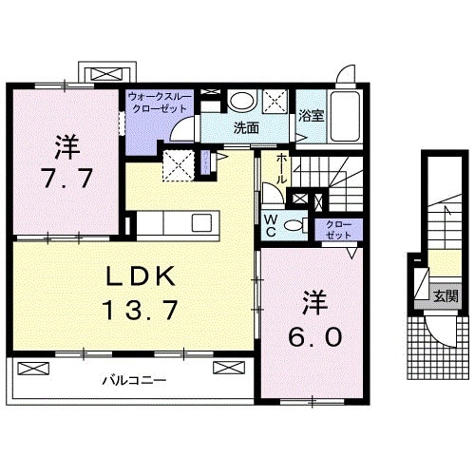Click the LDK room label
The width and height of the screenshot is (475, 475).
pyautogui.click(x=139, y=275)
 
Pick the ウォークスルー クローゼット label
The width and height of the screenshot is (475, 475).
pyautogui.click(x=160, y=102)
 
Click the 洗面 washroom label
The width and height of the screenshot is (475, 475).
pyautogui.click(x=247, y=127)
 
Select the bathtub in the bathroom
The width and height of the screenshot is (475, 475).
pyautogui.click(x=343, y=116)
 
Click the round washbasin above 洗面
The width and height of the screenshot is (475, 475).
pyautogui.click(x=243, y=100)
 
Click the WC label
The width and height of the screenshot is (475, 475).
pyautogui.click(x=271, y=224)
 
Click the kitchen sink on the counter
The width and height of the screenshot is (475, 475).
pyautogui.click(x=201, y=222)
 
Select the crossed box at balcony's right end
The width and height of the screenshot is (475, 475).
pyautogui.click(x=229, y=367)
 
